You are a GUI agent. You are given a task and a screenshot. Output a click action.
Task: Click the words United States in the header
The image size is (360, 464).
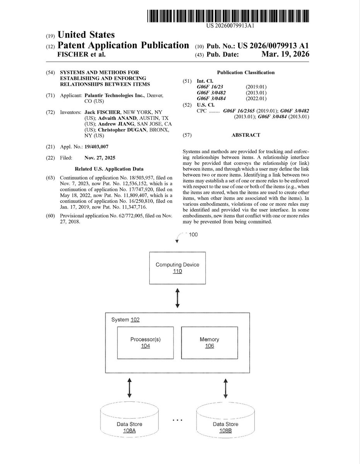86,35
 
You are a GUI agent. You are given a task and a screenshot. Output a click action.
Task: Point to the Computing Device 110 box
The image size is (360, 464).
177,268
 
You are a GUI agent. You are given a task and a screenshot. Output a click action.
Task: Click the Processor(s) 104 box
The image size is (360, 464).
145,343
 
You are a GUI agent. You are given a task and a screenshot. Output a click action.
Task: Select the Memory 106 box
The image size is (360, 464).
209,343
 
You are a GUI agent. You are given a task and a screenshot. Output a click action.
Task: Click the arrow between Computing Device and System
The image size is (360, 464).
177,298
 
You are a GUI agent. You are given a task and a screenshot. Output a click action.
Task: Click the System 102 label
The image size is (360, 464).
125,320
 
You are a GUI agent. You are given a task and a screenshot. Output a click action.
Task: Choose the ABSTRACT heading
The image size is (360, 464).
246,135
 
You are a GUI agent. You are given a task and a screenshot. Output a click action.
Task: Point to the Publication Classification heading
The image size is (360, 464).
246,72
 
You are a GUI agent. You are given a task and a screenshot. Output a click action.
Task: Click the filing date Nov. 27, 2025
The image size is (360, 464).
99,158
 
